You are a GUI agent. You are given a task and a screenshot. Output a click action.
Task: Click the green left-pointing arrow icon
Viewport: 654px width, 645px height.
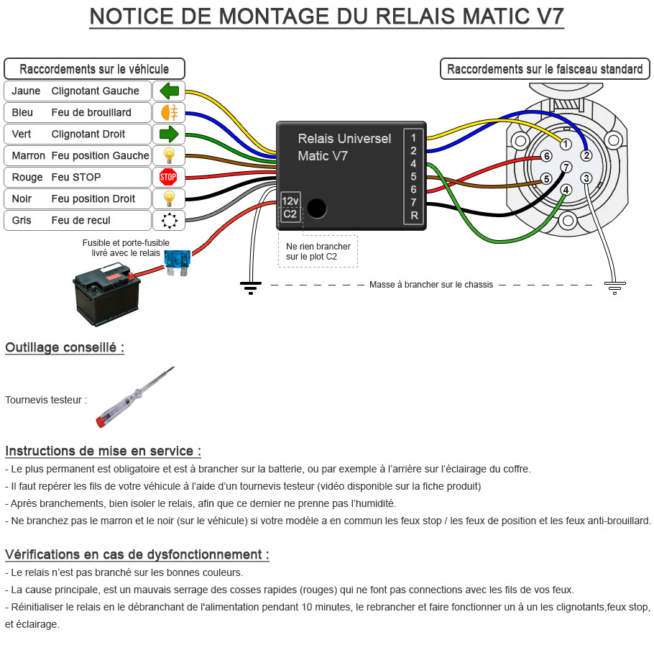(169, 91)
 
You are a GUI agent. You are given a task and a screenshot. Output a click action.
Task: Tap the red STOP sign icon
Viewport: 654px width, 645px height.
(168, 177)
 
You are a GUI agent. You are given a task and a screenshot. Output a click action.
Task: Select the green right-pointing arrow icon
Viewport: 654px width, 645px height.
(169, 134)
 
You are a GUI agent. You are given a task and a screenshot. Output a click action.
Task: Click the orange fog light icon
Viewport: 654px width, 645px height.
(169, 113)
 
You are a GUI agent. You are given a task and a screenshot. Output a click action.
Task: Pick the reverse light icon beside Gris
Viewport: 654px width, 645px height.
(169, 220)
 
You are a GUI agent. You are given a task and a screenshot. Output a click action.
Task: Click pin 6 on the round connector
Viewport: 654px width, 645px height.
(547, 156)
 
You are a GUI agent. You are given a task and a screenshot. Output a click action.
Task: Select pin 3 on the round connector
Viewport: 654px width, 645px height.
(586, 178)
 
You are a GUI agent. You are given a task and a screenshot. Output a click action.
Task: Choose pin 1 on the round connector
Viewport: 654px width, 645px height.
(566, 145)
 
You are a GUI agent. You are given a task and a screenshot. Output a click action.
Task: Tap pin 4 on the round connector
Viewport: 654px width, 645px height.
(566, 190)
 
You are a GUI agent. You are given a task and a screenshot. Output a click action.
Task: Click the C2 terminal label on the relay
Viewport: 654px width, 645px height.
(290, 214)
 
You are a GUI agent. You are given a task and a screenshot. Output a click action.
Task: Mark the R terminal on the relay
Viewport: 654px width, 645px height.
(414, 216)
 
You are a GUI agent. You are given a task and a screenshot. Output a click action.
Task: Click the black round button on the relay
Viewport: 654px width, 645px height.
(316, 209)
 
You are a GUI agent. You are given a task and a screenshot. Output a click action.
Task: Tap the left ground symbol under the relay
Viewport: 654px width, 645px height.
(250, 288)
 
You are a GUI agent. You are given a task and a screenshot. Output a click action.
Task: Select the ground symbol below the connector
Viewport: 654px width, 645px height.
(612, 288)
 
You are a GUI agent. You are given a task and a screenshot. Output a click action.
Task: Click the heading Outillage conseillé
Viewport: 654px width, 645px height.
(65, 348)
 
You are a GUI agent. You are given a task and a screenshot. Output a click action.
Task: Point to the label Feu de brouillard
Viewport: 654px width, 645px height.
(91, 113)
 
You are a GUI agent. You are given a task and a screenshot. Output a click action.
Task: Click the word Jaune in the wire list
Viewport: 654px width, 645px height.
(26, 91)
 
